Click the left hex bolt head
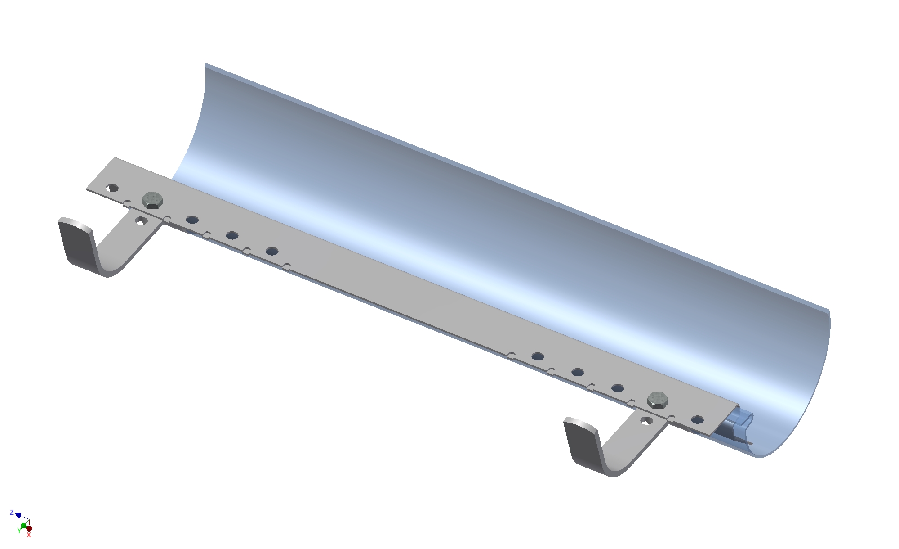(152, 200)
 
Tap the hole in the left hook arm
(141, 220)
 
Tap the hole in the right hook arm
(646, 421)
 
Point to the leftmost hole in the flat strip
(112, 188)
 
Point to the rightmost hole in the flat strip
(698, 420)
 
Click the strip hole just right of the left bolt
(192, 220)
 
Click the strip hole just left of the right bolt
(618, 388)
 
